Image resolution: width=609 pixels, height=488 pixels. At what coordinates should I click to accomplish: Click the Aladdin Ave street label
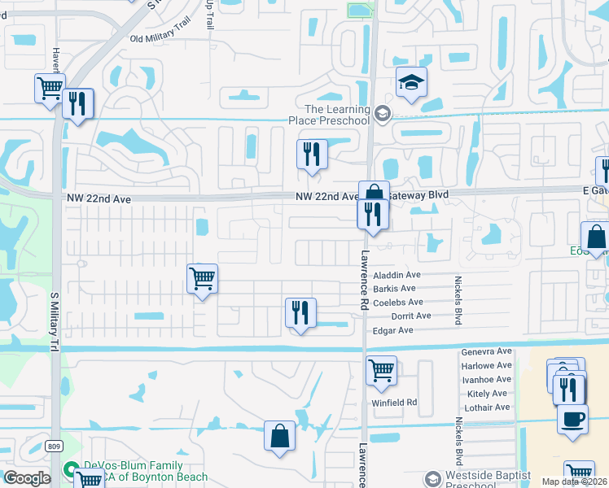(397, 275)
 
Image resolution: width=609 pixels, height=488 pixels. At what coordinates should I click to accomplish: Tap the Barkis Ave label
(394, 289)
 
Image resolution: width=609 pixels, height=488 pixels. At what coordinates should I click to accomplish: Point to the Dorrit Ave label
(411, 316)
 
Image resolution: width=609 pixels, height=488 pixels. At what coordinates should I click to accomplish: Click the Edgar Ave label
(392, 330)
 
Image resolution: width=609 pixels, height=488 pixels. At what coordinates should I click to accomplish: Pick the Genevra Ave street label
(486, 351)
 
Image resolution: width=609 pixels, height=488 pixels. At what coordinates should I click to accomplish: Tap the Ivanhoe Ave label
(486, 379)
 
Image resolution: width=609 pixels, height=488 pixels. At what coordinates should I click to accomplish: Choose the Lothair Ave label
(486, 407)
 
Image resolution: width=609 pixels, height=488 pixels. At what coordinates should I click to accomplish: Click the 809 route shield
(55, 446)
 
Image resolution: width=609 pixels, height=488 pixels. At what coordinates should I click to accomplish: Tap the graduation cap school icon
(411, 82)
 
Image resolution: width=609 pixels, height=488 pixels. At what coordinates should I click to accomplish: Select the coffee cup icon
(573, 420)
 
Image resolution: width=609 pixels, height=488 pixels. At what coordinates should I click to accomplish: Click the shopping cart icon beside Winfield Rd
(381, 371)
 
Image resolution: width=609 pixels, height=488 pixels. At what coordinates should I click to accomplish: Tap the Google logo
(27, 478)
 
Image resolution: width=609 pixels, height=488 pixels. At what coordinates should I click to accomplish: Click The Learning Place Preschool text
(336, 115)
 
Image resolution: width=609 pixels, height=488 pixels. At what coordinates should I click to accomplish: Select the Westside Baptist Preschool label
(488, 480)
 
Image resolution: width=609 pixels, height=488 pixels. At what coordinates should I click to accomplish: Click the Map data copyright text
(575, 481)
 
